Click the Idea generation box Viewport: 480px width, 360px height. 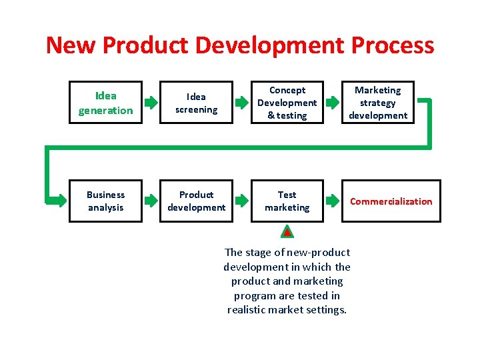[x=105, y=103]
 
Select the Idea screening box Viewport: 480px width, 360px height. [x=196, y=103]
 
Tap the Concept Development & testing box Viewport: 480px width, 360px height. [x=287, y=103]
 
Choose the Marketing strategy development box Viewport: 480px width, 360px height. [x=377, y=103]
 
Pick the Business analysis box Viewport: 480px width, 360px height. [x=105, y=201]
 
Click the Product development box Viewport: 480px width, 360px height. [x=196, y=201]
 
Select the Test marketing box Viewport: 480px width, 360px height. [x=287, y=201]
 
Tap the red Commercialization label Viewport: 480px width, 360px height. [x=391, y=201]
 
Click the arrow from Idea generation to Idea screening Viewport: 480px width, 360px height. [x=151, y=103]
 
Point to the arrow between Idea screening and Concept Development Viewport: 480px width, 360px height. [x=241, y=103]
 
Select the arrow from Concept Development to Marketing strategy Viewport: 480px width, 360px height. [x=332, y=103]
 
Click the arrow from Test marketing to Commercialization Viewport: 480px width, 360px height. [x=332, y=201]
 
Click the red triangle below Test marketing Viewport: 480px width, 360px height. [x=287, y=232]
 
